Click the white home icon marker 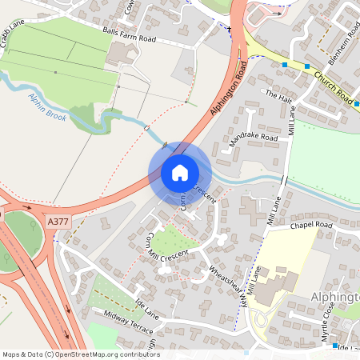coord(179,173)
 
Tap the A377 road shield coord(58,222)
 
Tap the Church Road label coord(333,88)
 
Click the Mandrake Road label coord(253,142)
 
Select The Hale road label coord(278,97)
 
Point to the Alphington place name coord(334,297)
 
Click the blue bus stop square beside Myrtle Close coord(335,346)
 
